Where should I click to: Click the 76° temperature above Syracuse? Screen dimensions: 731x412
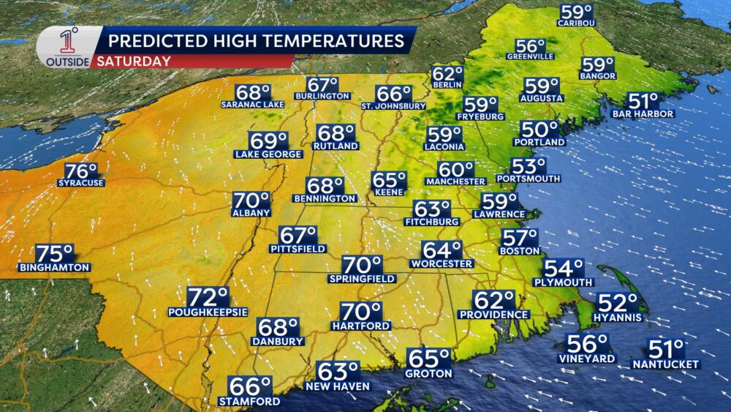[x=80, y=171]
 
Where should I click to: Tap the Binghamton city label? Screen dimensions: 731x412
[x=55, y=267]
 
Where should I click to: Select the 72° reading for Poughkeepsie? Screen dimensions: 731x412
[x=208, y=297]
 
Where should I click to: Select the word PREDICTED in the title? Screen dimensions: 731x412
[x=154, y=40]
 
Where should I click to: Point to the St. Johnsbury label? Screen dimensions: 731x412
[x=393, y=105]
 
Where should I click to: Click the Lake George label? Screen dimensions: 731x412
[x=268, y=154]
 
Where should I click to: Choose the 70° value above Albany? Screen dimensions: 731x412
[x=251, y=201]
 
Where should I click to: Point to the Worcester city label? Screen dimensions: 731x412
[x=442, y=263]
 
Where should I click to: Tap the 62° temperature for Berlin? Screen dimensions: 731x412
[x=447, y=75]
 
